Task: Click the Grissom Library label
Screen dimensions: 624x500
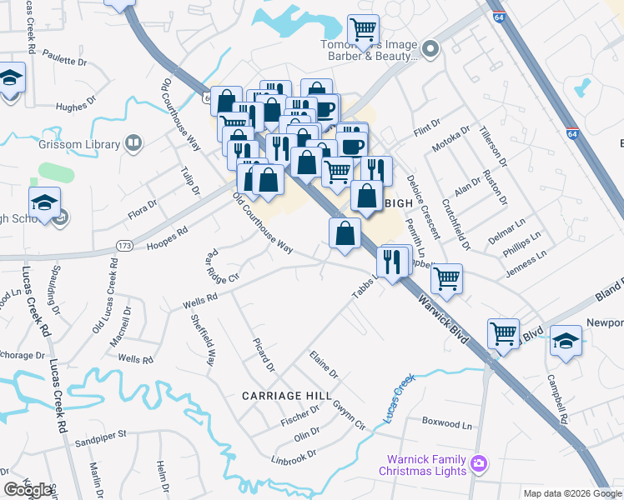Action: click(79, 144)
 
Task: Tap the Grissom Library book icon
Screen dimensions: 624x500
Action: click(133, 144)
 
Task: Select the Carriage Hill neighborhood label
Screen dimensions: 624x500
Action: click(287, 394)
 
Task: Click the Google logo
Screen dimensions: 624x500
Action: click(28, 490)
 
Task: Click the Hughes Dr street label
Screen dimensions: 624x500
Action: click(78, 107)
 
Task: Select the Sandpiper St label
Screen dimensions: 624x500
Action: click(98, 434)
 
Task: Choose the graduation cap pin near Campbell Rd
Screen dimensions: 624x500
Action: click(566, 341)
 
